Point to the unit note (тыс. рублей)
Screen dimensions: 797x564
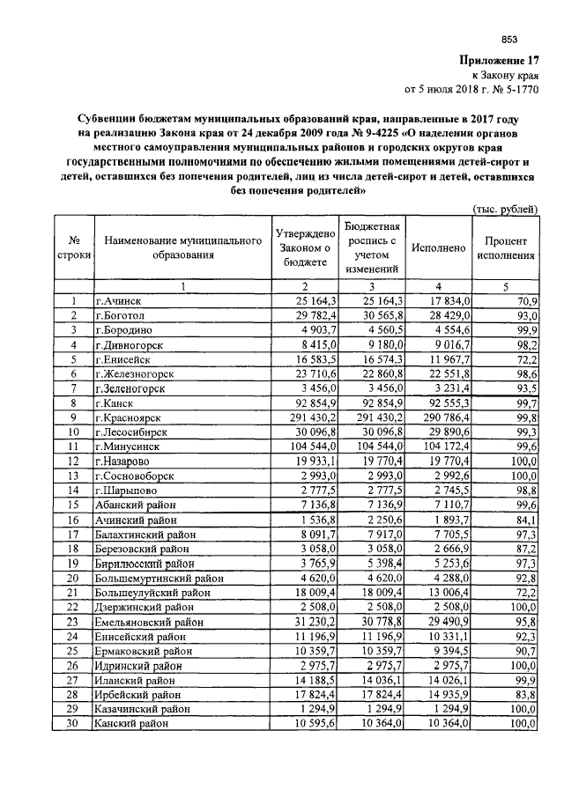coord(506,208)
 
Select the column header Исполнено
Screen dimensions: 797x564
coord(438,248)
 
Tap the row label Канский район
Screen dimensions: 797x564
coord(130,723)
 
